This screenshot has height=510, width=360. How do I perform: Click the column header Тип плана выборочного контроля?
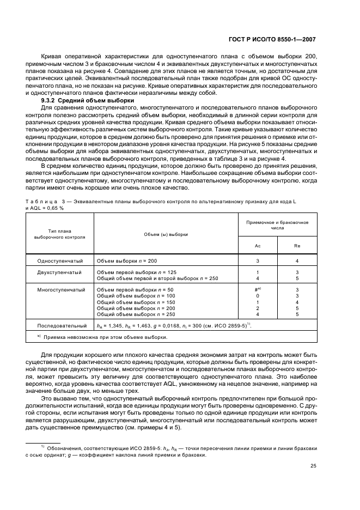60,234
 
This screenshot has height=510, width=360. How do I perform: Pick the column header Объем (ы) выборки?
166,234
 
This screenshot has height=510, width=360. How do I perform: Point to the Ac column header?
258,245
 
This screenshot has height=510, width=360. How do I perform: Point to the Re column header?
297,245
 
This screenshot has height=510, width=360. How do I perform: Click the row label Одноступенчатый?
60,261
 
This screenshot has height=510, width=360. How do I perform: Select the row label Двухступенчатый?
60,271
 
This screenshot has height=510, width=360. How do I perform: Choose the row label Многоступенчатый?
60,290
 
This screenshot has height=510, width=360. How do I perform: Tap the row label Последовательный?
60,326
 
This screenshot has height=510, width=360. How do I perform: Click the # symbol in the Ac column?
257,290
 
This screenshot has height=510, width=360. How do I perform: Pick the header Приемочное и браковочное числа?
277,225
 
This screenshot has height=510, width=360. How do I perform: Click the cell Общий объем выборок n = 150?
136,302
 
